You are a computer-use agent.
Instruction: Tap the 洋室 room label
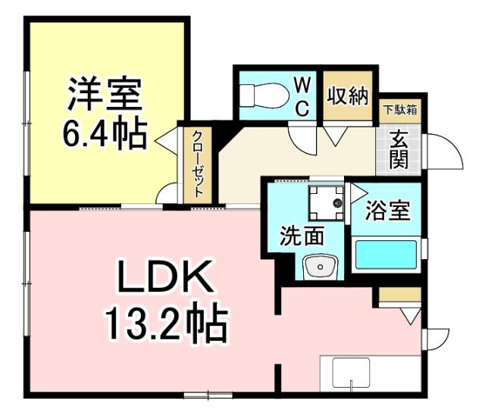click(x=104, y=94)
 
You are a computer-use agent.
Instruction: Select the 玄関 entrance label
click(x=398, y=149)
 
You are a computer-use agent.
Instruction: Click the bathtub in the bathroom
click(x=386, y=256)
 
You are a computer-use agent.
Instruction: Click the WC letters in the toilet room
click(x=302, y=95)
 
